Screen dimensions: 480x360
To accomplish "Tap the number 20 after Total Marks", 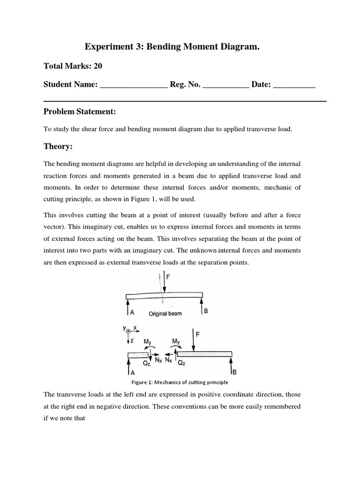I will pos(97,66).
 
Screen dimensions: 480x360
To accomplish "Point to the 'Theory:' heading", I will pos(58,147).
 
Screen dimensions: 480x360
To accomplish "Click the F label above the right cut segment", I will pos(198,335).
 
